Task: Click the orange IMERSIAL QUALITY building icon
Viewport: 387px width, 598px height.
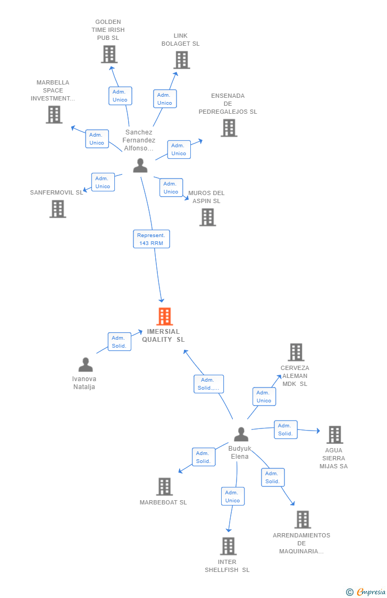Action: pos(165,316)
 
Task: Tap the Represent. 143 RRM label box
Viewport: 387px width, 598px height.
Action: pos(152,239)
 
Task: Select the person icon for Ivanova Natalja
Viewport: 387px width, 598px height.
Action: pos(86,365)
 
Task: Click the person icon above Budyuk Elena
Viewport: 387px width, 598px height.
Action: pos(241,434)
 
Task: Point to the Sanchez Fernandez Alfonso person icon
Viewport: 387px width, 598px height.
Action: pos(140,165)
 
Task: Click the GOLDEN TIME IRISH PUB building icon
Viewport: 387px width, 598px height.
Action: pos(110,54)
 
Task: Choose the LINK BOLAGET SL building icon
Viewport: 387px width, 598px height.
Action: pos(182,60)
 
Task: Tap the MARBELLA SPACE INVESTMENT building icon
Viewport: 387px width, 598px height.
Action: pos(54,114)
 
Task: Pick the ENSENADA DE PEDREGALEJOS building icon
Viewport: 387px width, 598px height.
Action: pos(229,128)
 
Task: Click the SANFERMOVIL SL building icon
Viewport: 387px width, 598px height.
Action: pos(58,209)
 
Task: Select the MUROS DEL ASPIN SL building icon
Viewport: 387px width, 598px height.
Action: pos(208,217)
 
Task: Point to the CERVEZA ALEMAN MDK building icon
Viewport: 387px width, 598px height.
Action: pos(296,352)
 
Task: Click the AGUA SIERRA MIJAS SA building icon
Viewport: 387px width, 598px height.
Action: pos(335,435)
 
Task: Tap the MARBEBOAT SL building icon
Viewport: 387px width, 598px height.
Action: pos(165,486)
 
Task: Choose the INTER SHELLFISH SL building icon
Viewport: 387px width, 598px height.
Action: pos(229,546)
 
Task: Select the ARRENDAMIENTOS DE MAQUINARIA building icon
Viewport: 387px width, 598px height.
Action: pos(302,519)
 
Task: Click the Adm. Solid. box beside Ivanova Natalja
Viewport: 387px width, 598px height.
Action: pos(119,342)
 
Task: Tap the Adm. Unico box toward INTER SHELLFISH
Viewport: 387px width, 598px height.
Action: pos(233,496)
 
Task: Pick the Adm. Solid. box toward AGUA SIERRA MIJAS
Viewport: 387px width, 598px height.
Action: pos(285,429)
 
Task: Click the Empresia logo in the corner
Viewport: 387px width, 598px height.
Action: pos(366,592)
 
